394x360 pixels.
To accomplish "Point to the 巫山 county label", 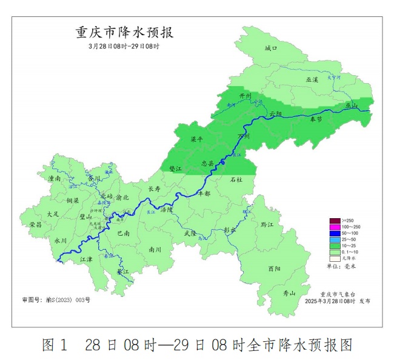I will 352,105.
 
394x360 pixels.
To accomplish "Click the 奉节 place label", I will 316,119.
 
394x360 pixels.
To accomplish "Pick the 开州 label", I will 245,96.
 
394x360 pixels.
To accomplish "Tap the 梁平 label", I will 197,139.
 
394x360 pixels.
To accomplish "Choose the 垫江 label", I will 175,169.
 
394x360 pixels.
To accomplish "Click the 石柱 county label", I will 236,179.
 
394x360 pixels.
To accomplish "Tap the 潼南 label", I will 54,179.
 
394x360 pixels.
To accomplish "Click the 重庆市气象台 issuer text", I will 336,293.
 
